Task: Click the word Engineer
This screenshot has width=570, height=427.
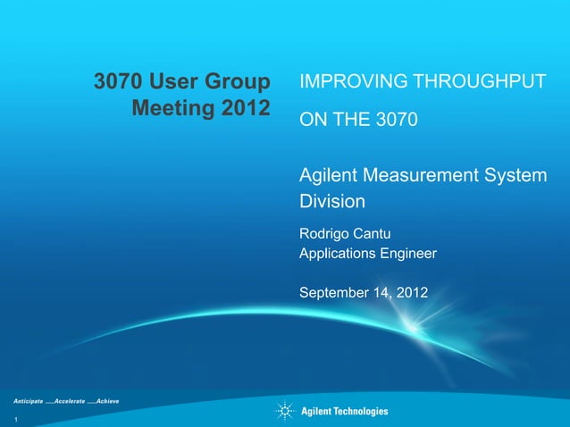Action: pyautogui.click(x=410, y=255)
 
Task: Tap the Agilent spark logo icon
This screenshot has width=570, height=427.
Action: pyautogui.click(x=285, y=411)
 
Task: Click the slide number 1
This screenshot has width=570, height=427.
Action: pyautogui.click(x=16, y=419)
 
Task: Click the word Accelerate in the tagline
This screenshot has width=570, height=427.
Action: pyautogui.click(x=71, y=402)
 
